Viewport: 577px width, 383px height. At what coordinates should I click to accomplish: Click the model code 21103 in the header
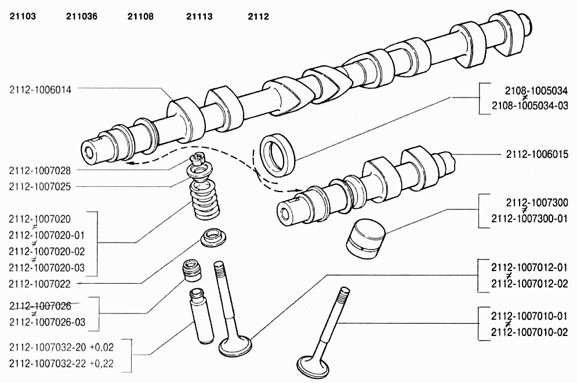click(x=23, y=16)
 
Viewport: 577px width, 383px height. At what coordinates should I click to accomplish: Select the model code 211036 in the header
click(x=82, y=16)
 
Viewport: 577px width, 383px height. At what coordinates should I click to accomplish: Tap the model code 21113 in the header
click(x=199, y=16)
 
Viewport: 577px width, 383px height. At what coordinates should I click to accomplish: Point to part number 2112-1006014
click(x=41, y=89)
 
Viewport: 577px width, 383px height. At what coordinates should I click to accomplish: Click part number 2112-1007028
click(x=40, y=171)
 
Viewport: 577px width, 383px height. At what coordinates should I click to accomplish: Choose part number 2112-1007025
click(x=40, y=186)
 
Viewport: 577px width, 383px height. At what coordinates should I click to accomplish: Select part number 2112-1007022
click(x=40, y=284)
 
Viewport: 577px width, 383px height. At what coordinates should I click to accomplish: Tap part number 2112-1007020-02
click(x=47, y=251)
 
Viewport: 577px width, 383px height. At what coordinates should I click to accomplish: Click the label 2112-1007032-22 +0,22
click(x=61, y=363)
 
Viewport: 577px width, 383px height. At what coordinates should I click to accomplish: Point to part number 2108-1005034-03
click(x=530, y=106)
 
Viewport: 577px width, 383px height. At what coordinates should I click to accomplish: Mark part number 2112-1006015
click(x=537, y=154)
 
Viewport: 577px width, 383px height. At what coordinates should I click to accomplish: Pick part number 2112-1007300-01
click(x=529, y=219)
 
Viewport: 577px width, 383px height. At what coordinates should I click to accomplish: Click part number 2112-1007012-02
click(x=529, y=284)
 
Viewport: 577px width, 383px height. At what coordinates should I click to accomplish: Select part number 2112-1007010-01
click(x=529, y=316)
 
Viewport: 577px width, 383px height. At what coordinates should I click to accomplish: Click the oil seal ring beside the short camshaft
click(x=278, y=155)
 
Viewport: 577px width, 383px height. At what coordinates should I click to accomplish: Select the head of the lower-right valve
click(x=313, y=365)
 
